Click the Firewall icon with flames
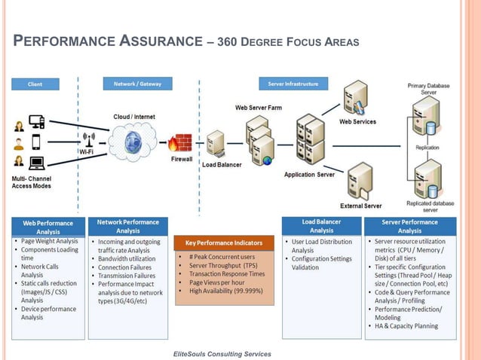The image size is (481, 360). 179,143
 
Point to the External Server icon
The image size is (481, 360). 361,182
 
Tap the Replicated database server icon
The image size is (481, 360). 424,178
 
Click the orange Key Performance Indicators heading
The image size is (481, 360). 224,243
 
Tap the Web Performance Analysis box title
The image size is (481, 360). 48,227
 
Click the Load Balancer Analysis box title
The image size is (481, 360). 321,226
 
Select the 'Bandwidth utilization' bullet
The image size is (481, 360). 127,258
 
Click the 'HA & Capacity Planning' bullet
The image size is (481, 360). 407,327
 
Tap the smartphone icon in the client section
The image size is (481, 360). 36,142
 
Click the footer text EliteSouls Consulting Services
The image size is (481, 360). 222,353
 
